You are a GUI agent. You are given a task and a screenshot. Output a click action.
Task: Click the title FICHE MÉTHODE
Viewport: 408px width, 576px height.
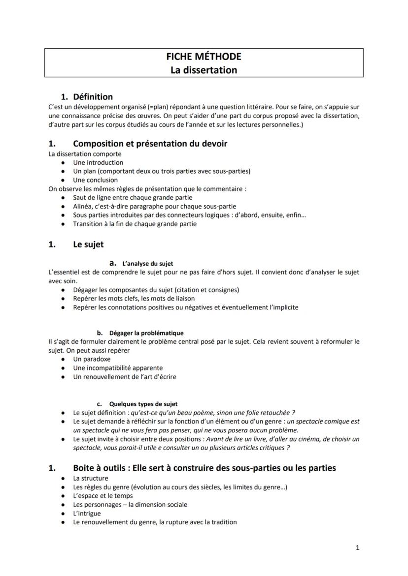(x=204, y=57)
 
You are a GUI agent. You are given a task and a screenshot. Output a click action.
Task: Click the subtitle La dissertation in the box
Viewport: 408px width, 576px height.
(x=204, y=70)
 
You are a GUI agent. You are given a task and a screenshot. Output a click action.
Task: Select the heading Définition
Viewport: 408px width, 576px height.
(x=93, y=97)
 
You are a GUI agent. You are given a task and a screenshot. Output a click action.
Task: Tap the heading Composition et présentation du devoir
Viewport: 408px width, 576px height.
(x=150, y=144)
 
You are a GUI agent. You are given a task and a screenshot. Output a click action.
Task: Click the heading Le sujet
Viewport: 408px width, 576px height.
(x=88, y=244)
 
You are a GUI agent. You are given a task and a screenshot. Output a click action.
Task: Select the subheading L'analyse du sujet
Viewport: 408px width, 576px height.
(x=148, y=264)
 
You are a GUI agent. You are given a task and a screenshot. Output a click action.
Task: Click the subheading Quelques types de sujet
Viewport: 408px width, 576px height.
(x=143, y=404)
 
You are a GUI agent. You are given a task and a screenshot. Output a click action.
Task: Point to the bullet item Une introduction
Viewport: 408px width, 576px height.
(x=98, y=162)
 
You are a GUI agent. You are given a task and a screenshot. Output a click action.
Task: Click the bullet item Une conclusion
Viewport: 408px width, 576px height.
(x=95, y=180)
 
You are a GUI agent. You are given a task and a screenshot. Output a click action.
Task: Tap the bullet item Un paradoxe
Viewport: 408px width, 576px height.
(x=92, y=359)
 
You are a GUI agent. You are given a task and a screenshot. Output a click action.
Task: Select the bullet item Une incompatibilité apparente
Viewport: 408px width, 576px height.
(x=118, y=368)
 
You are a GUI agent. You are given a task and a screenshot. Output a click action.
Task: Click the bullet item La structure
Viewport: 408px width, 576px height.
(x=90, y=478)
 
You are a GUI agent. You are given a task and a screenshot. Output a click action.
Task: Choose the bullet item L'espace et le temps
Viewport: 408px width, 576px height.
(x=103, y=496)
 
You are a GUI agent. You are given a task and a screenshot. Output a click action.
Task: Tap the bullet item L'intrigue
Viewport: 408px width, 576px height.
(x=87, y=514)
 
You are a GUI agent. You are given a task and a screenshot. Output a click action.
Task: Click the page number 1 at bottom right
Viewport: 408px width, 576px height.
(x=357, y=547)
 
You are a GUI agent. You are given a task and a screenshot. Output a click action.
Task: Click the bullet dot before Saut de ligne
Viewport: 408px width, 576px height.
(x=63, y=198)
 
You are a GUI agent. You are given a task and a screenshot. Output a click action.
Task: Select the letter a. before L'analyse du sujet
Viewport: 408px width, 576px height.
(x=112, y=263)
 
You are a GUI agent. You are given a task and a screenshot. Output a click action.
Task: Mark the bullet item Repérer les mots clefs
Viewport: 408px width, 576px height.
(x=134, y=299)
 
